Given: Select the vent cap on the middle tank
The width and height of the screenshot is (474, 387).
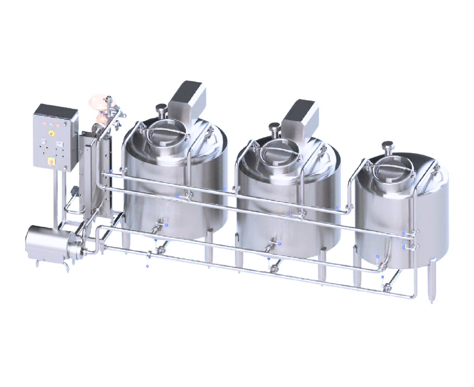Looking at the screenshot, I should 274,128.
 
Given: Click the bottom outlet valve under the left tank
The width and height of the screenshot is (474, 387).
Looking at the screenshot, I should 159,250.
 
